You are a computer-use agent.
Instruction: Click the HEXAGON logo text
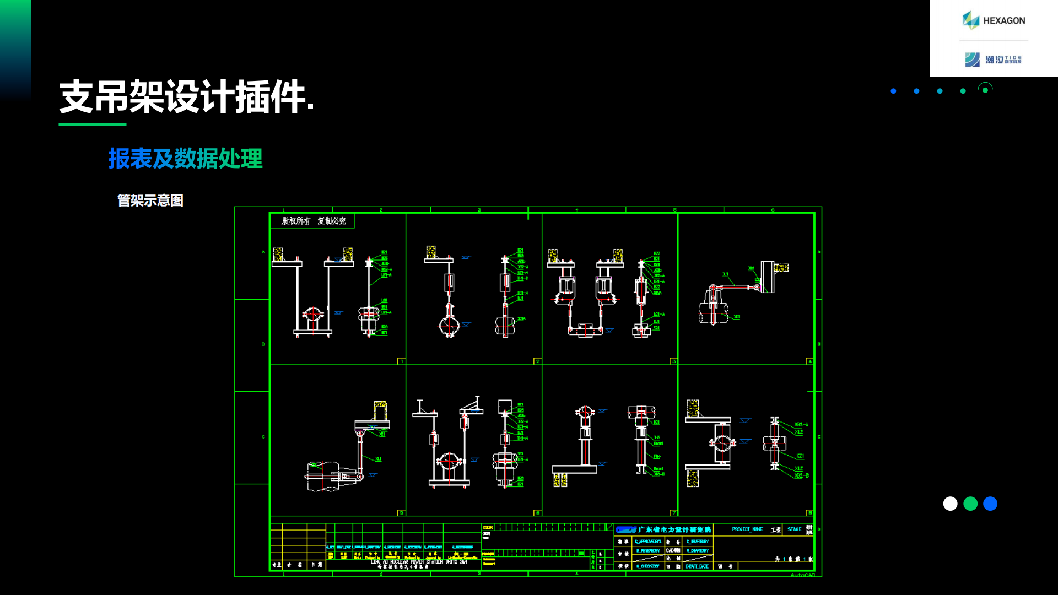point(1003,21)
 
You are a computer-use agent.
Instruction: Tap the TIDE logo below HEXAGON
point(994,59)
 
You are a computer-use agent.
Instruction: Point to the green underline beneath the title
point(93,125)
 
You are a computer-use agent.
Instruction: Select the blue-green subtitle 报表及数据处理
point(185,159)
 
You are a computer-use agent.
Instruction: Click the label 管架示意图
point(150,201)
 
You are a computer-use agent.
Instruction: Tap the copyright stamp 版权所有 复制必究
point(313,221)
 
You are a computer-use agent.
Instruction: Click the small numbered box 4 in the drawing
point(809,361)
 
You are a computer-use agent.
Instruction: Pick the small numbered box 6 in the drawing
point(537,513)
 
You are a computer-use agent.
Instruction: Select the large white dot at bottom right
point(950,504)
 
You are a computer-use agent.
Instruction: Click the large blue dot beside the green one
point(990,504)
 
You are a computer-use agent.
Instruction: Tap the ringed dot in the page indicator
point(985,90)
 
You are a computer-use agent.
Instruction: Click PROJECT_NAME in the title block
point(747,529)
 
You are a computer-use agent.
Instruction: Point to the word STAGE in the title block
point(794,529)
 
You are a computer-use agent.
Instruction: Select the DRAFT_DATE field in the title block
point(697,566)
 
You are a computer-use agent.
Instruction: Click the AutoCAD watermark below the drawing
point(802,575)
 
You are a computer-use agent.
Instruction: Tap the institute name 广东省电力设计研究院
point(674,530)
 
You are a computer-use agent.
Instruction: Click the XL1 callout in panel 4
point(725,274)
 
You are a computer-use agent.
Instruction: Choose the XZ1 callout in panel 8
point(800,456)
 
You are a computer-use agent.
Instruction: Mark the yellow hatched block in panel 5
point(380,408)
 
